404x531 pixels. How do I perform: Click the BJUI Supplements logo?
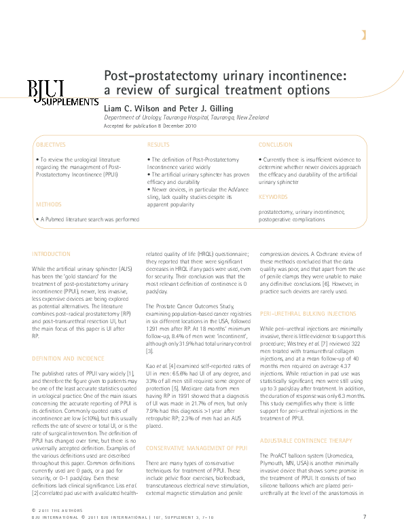pyautogui.click(x=62, y=92)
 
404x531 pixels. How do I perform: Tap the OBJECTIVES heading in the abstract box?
pyautogui.click(x=50, y=145)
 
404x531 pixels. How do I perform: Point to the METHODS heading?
pyautogui.click(x=48, y=204)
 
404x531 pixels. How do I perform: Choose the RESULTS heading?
pyautogui.click(x=158, y=145)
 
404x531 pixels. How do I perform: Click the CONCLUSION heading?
pyautogui.click(x=275, y=145)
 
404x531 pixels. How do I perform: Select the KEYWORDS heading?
pyautogui.click(x=273, y=197)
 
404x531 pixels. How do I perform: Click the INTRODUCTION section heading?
pyautogui.click(x=51, y=254)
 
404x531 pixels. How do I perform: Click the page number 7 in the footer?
pyautogui.click(x=365, y=517)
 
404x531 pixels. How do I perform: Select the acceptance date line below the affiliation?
pyautogui.click(x=149, y=126)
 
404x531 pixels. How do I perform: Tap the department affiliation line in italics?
pyautogui.click(x=186, y=117)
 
